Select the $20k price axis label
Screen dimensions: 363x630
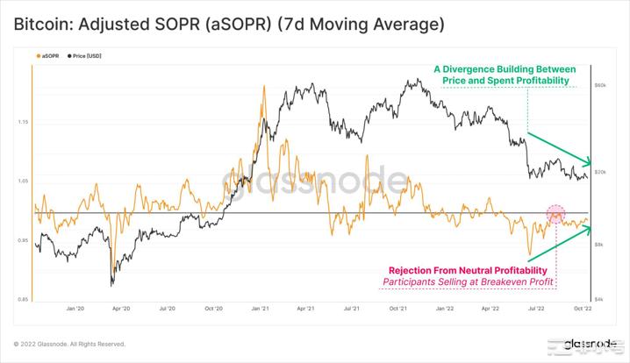pyautogui.click(x=601, y=173)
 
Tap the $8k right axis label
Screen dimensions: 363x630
pyautogui.click(x=600, y=245)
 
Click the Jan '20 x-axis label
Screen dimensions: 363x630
pyautogui.click(x=75, y=309)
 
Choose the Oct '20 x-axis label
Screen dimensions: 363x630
pyautogui.click(x=214, y=309)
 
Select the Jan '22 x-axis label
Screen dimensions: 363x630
pyautogui.click(x=444, y=309)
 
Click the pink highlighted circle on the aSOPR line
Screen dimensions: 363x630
pyautogui.click(x=555, y=213)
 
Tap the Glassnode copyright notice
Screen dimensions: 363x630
pyautogui.click(x=70, y=344)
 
